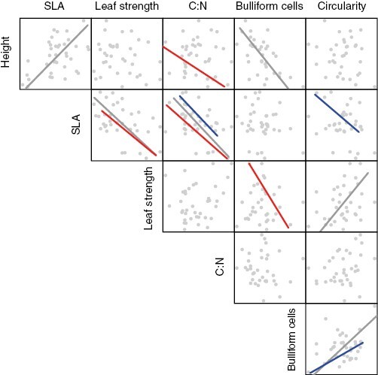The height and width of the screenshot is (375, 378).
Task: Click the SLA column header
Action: (55, 7)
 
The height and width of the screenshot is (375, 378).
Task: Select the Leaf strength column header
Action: (127, 7)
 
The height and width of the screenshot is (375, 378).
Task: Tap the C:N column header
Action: (198, 7)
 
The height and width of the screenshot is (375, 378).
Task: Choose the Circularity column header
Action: (341, 7)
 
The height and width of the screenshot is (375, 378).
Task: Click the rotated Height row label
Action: (7, 53)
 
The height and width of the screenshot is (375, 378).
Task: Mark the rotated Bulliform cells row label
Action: (292, 339)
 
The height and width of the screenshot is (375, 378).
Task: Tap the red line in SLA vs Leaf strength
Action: (129, 133)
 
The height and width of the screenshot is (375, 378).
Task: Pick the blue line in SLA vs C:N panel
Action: (198, 115)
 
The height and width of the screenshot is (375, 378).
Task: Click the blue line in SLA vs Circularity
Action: (337, 113)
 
